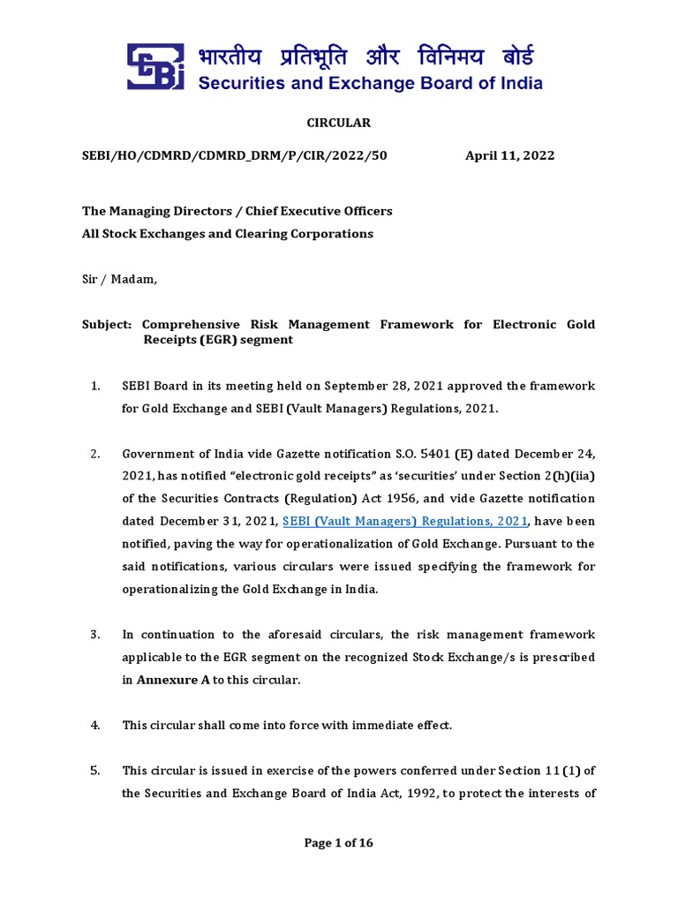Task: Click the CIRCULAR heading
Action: point(338,123)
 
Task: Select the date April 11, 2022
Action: point(509,155)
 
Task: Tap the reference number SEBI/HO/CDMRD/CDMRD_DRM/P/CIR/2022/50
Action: point(234,155)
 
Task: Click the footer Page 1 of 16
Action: point(338,843)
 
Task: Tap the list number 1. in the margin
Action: point(95,386)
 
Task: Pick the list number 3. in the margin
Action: point(95,634)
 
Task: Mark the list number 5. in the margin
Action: point(95,770)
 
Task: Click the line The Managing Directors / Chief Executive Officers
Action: point(237,211)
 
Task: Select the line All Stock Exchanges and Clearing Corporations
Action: point(227,234)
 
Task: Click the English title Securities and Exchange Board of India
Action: point(369,85)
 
